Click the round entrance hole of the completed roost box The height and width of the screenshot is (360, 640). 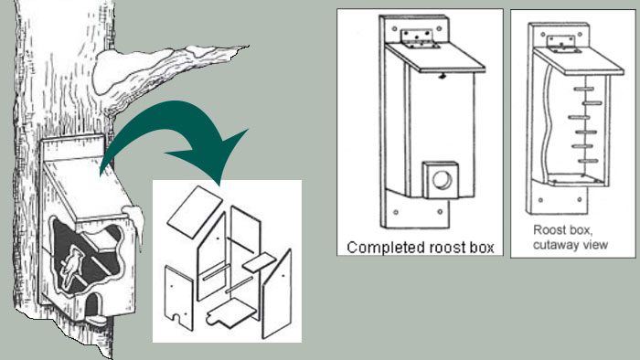point(443,180)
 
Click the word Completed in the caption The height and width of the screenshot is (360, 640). point(378,246)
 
